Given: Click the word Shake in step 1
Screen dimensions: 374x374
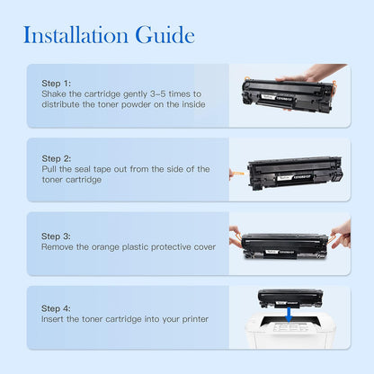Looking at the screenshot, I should point(55,93).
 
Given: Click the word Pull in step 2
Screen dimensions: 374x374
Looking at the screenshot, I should point(50,169).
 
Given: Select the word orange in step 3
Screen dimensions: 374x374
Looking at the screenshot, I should point(106,246).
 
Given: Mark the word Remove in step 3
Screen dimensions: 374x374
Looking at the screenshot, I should point(58,246).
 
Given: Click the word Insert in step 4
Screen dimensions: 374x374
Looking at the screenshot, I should point(55,318).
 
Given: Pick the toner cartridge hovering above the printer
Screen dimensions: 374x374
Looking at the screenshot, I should point(289,296).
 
